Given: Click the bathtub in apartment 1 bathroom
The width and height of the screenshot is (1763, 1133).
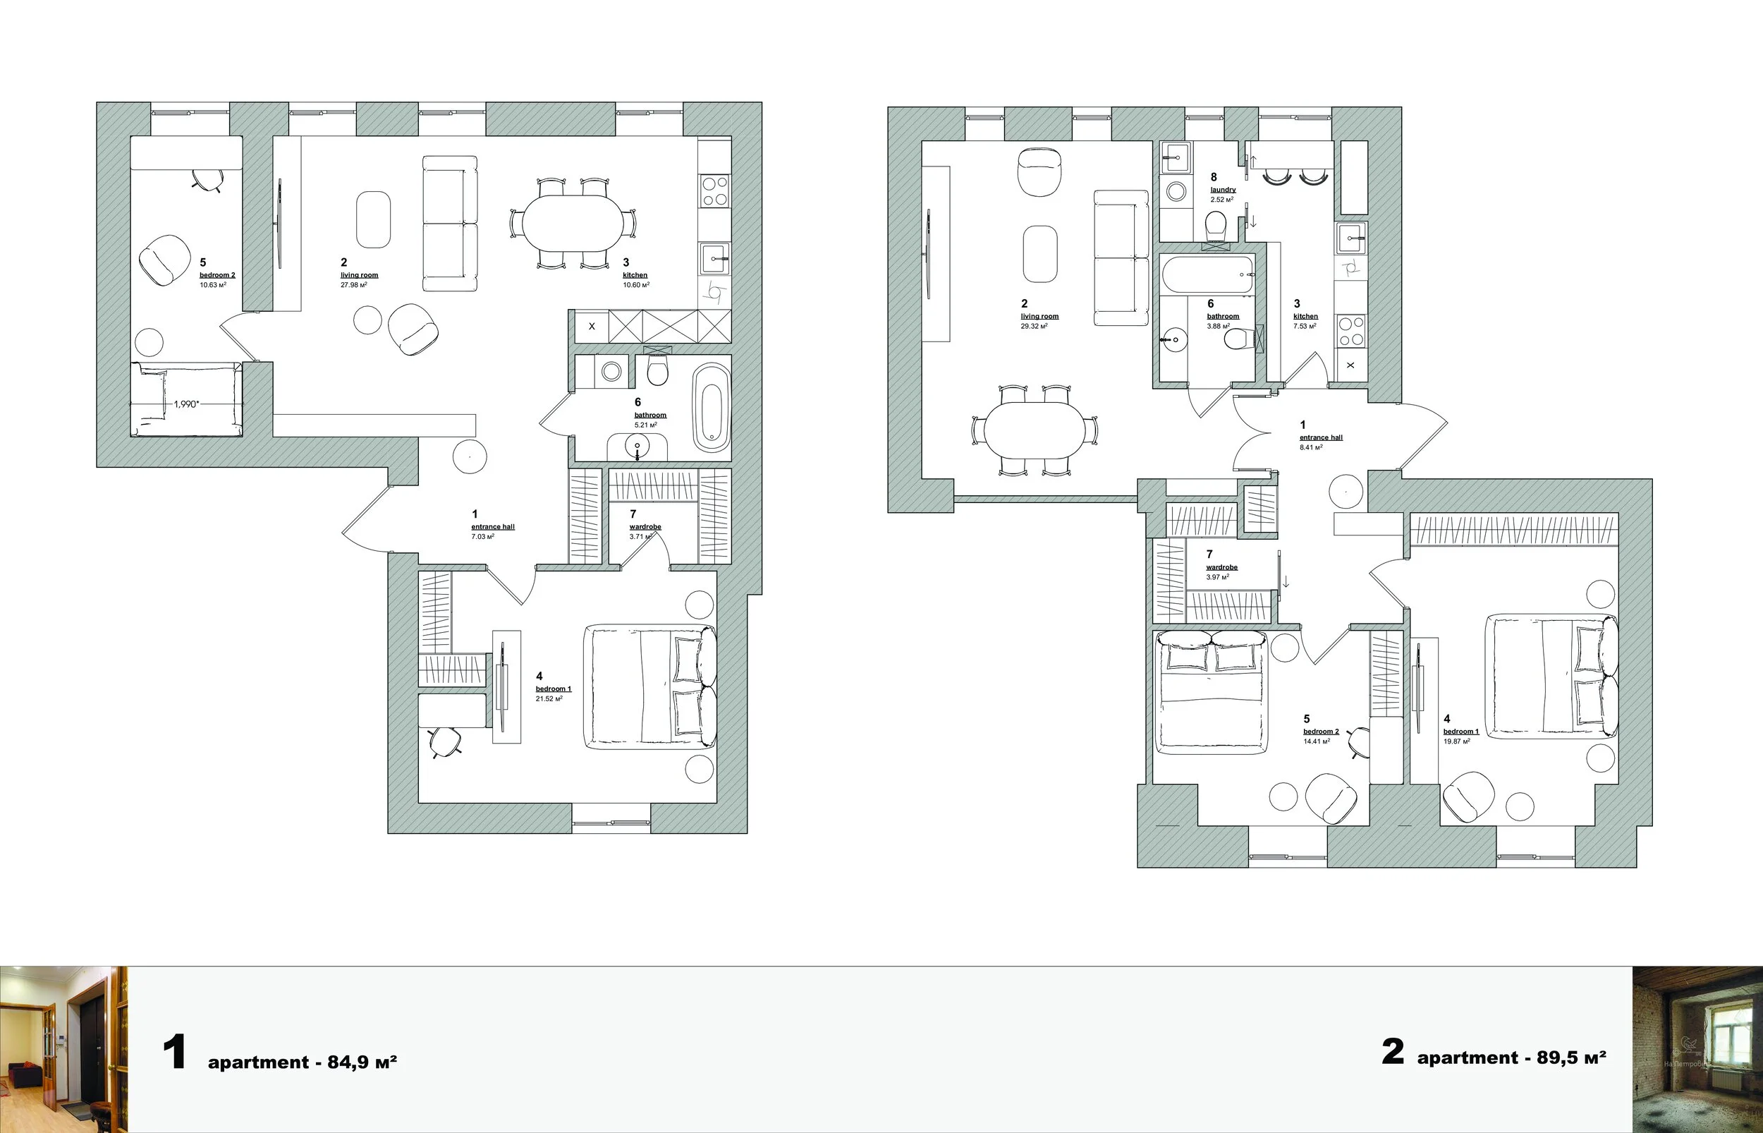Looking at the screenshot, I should (711, 407).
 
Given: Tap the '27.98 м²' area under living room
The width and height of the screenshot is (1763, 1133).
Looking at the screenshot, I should (353, 286).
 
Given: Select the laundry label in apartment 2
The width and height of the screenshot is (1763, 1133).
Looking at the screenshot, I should (1223, 190).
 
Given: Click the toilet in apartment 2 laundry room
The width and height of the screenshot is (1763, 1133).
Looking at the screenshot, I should (1216, 226).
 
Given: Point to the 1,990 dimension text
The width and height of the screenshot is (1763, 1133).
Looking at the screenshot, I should (186, 404).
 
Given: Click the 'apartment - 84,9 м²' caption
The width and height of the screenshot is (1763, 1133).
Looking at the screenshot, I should (302, 1062).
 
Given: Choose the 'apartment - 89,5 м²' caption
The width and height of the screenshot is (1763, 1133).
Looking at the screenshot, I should (1511, 1058).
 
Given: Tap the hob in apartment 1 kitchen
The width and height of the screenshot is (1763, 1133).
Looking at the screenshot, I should (714, 190).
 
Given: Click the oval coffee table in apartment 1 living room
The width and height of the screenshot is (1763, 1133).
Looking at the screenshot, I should (374, 220).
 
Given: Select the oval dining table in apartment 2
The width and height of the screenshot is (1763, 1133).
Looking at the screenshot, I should (1035, 430).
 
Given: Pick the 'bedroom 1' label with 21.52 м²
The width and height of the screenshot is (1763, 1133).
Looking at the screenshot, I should (553, 689).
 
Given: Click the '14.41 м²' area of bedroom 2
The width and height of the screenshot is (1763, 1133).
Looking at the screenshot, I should (1316, 741).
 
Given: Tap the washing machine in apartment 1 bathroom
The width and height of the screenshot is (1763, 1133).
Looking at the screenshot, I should (611, 372).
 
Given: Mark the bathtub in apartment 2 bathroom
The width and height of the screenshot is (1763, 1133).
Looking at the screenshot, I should (1207, 274).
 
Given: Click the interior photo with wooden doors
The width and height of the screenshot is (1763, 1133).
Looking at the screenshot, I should (64, 1049).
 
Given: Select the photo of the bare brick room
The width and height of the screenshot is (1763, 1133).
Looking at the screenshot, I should (1697, 1049).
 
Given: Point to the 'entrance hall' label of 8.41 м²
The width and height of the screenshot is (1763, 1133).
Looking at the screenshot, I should (1320, 437).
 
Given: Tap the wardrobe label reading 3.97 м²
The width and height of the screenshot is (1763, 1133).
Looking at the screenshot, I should (1221, 567).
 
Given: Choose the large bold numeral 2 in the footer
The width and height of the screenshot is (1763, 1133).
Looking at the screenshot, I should (1393, 1052).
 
